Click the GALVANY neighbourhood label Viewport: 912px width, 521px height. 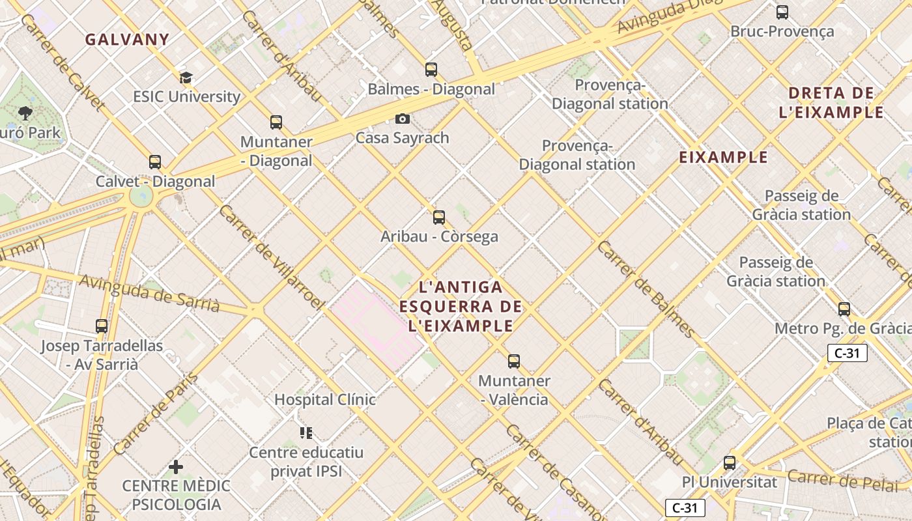127,39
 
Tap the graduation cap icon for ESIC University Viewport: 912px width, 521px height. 186,78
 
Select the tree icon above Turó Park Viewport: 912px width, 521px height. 25,114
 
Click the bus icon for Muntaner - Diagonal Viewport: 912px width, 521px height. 276,122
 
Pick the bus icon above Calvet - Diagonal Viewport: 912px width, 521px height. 155,162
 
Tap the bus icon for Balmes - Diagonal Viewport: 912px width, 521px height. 431,70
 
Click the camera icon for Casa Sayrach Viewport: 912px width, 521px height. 403,119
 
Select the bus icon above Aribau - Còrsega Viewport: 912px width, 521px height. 439,218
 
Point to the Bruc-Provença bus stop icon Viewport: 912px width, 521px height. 782,12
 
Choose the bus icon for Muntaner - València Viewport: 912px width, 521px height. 514,361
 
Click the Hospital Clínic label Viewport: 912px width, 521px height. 325,399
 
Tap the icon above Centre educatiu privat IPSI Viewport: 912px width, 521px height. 306,433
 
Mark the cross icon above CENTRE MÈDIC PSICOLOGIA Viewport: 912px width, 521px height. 176,467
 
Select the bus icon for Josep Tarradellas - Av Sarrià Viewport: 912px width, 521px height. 102,326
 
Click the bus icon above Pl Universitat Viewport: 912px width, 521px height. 730,463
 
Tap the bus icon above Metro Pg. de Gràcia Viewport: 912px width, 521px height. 844,309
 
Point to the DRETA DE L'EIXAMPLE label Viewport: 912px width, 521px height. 831,102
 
